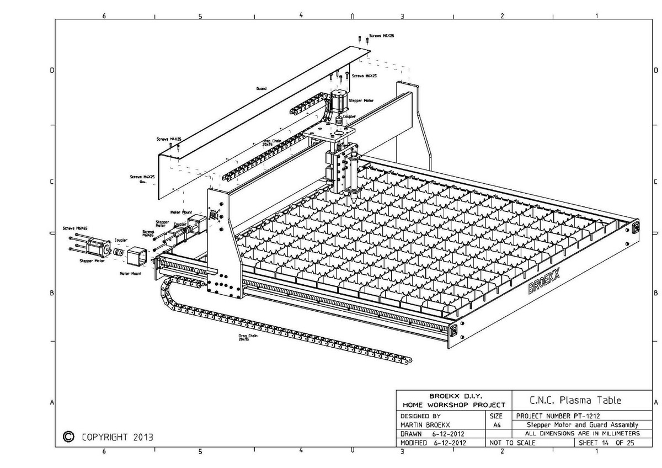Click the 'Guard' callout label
(261, 88)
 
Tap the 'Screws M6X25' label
(364, 76)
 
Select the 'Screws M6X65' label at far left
(74, 228)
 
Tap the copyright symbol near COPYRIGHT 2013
(69, 436)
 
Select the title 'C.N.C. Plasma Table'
(575, 400)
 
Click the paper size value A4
(496, 425)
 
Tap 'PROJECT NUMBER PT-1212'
(558, 416)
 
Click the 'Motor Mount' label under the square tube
(131, 273)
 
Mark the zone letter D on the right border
(655, 70)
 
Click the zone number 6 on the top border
(104, 15)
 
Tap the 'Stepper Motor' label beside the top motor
(361, 100)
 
